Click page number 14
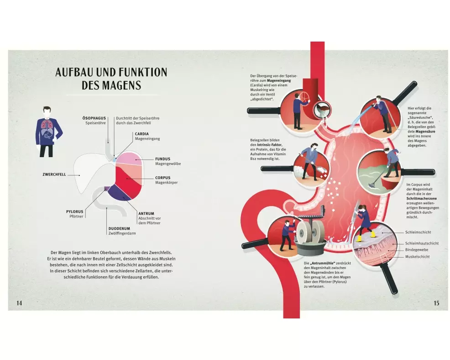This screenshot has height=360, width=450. (19, 303)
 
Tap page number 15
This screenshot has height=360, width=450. (436, 303)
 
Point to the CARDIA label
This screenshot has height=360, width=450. (141, 134)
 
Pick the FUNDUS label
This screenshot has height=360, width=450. (163, 159)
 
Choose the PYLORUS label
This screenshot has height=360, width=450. (74, 212)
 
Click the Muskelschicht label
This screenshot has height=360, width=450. (418, 256)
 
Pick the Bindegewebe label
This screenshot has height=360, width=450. (417, 249)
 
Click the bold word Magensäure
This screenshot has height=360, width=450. (419, 132)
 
